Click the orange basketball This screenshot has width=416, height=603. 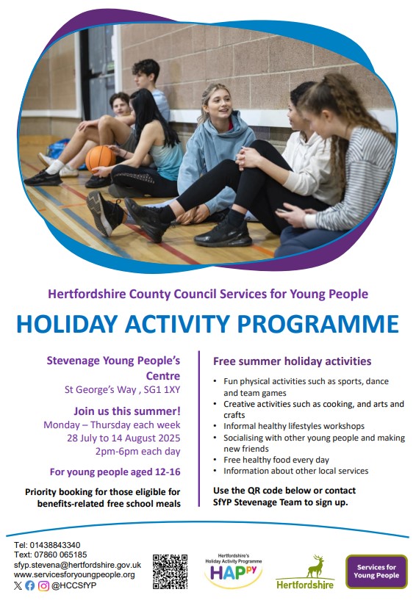tap(100, 158)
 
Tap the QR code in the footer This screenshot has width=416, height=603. tap(170, 571)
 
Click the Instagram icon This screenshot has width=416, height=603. tap(43, 585)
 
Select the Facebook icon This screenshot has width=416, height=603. tap(30, 585)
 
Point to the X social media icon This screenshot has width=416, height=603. tap(18, 585)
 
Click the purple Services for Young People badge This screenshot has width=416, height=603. tap(376, 571)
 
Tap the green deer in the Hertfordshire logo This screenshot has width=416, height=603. tap(315, 566)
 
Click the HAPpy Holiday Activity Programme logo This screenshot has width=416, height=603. tap(233, 572)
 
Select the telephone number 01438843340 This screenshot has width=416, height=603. tap(55, 545)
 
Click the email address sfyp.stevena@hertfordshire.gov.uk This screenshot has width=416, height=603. tap(77, 565)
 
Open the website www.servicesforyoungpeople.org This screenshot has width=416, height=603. tap(74, 575)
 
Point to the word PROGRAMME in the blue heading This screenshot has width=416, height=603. tap(318, 324)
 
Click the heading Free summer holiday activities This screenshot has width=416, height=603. tap(292, 361)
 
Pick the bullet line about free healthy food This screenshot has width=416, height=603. tap(276, 460)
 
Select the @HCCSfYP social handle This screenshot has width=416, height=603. tap(74, 585)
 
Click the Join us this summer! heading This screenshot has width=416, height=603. tap(127, 411)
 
